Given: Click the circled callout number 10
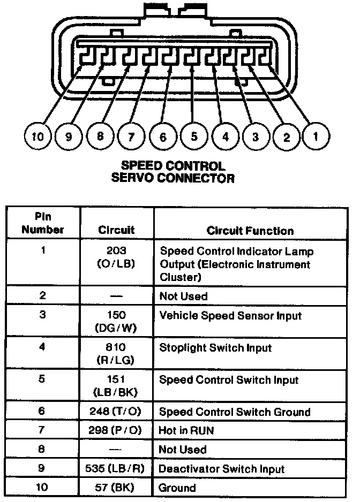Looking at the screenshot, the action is (x=37, y=136).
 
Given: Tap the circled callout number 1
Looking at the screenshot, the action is (x=316, y=136).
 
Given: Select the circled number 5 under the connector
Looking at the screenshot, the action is (x=194, y=136).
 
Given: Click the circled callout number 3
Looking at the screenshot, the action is (x=256, y=136).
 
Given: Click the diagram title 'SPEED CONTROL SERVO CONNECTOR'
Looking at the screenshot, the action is (x=172, y=172).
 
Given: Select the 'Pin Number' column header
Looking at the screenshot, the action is (x=42, y=224).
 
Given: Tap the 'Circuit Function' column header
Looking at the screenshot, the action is (x=250, y=231).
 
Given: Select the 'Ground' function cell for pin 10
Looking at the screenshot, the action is (x=177, y=488).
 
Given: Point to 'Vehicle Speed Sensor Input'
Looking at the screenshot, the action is (x=230, y=316).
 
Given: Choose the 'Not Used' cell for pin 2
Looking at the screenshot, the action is (x=183, y=296).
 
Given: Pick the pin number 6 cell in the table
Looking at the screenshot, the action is (x=42, y=412).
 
